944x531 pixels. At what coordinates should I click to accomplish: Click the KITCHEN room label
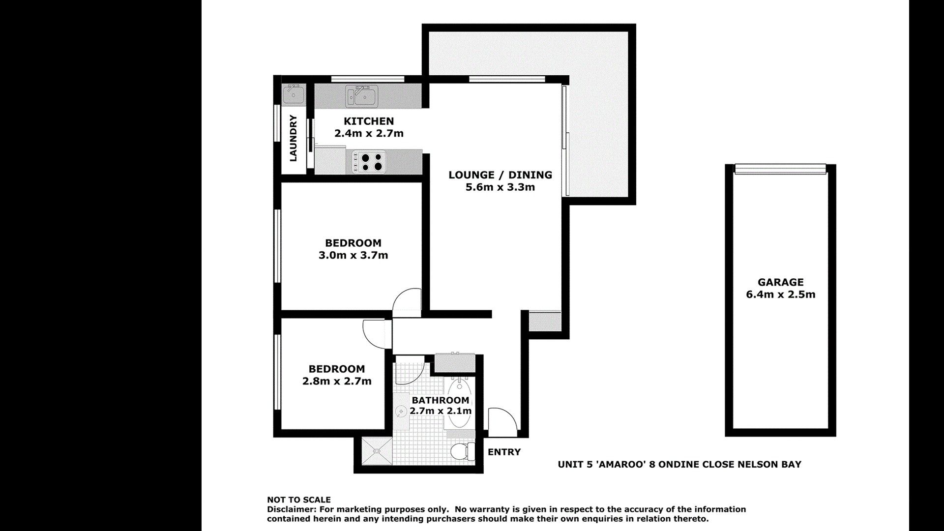pos(369,121)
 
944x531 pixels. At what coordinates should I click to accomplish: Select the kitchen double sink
pos(361,96)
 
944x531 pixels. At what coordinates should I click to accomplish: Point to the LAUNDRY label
pos(294,138)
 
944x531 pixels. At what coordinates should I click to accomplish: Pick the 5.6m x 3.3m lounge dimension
pos(500,187)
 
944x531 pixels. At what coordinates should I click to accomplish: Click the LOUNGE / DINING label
pos(500,175)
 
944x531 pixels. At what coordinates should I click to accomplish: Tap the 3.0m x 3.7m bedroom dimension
pos(353,255)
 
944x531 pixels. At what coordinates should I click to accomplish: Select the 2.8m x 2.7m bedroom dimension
pos(337,381)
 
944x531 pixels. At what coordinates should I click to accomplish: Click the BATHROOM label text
pos(441,400)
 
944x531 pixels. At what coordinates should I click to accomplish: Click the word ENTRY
pos(504,452)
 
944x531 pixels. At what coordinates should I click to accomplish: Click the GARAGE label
pos(781,282)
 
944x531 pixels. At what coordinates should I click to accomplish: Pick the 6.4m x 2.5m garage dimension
pos(781,295)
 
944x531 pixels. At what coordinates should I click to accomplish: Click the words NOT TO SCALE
pos(299,500)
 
